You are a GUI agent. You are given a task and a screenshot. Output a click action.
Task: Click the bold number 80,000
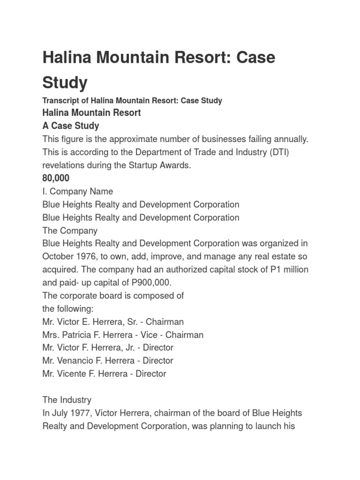pos(56,178)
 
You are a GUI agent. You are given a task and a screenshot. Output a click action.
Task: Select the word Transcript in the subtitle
pos(60,100)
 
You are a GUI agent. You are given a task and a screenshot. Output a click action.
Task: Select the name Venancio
pos(76,360)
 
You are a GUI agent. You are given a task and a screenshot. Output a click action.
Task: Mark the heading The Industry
pos(67,400)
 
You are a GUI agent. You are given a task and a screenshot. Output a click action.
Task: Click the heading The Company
pos(70,231)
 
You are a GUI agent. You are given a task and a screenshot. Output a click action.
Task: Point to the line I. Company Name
pos(77,191)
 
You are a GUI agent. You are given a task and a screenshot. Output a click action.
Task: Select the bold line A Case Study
pos(71,126)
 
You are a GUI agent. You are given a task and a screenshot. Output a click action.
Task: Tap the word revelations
pos(65,165)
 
